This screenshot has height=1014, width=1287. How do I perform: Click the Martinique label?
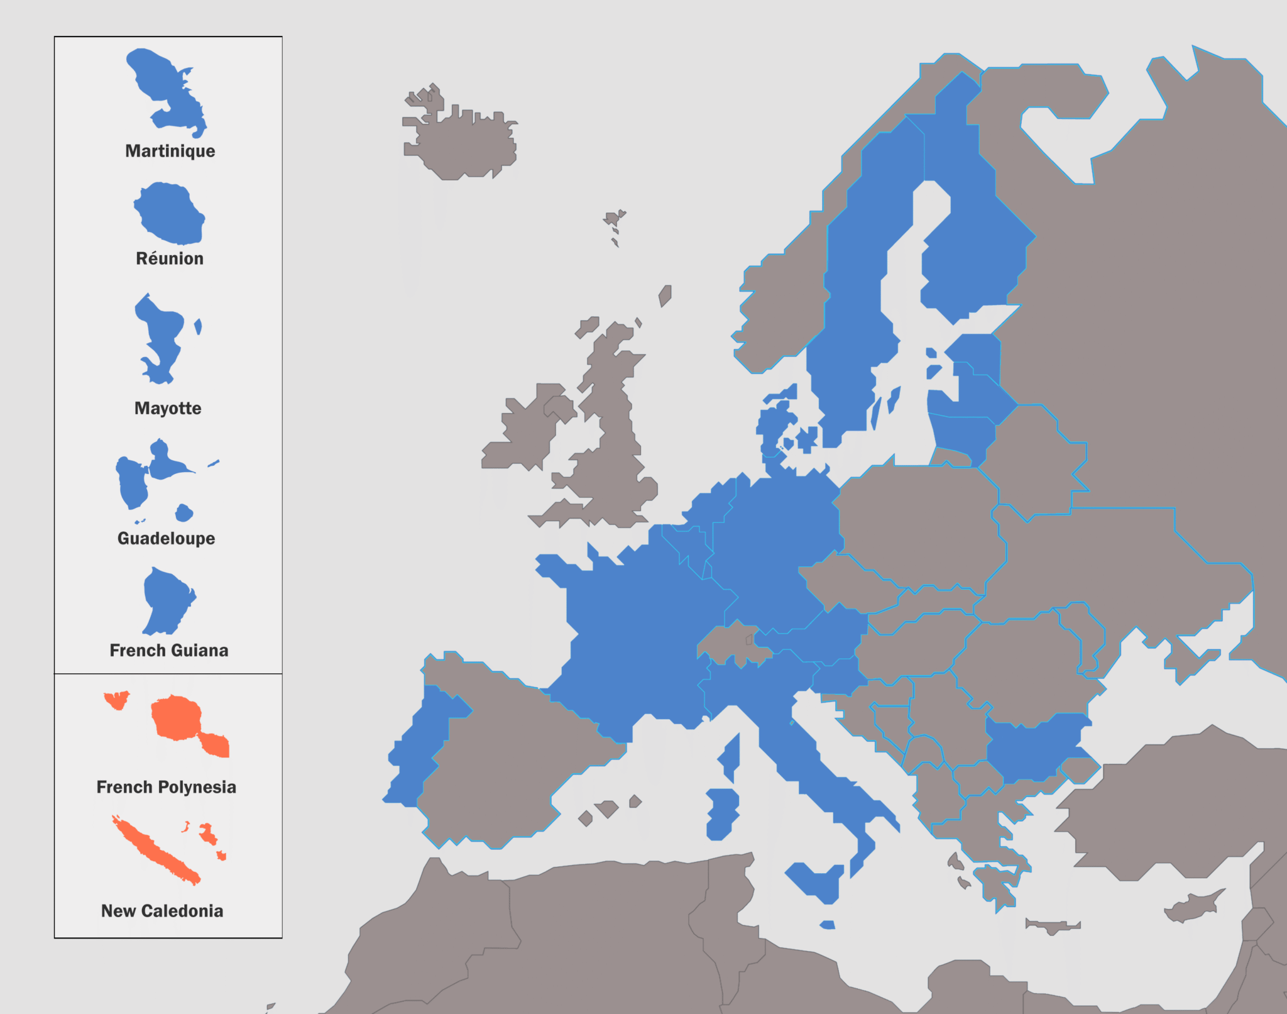click(170, 151)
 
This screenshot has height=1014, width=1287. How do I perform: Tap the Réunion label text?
click(170, 258)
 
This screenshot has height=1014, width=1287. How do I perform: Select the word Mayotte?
click(168, 408)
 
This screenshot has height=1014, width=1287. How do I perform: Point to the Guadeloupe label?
click(166, 538)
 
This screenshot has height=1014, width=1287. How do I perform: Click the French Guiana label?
click(168, 650)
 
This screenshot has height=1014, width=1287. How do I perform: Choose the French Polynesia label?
click(166, 787)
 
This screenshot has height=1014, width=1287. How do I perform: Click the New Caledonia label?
click(162, 911)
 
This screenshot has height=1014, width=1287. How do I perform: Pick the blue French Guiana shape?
click(165, 597)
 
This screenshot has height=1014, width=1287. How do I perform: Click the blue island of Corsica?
click(730, 758)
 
